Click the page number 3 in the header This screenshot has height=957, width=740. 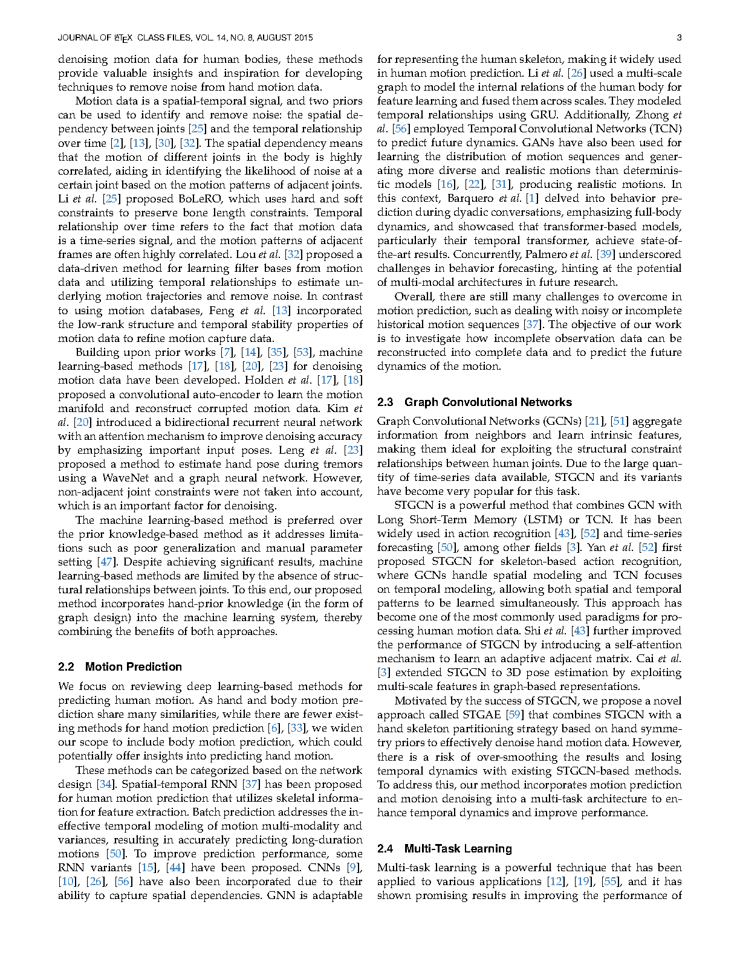point(679,37)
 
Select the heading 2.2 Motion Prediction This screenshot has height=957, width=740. point(120,666)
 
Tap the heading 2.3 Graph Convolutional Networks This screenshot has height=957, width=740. point(474,402)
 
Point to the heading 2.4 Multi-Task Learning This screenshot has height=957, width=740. point(444,848)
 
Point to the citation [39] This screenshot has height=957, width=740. point(605,254)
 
